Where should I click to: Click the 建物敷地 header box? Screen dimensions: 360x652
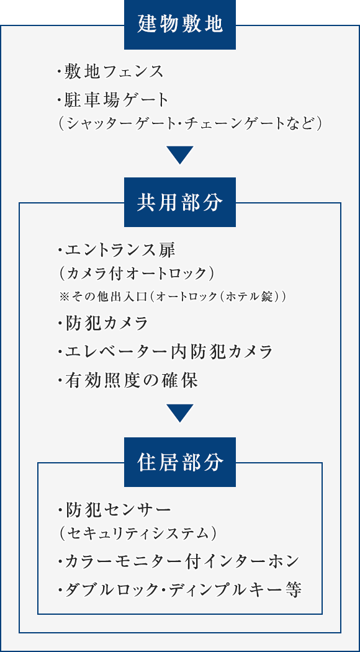tap(180, 25)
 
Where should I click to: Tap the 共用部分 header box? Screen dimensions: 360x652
tap(180, 202)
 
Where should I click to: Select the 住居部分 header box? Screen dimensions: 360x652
tap(180, 462)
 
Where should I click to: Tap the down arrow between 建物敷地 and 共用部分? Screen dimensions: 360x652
tap(180, 154)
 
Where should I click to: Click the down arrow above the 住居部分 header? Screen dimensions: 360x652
tap(180, 413)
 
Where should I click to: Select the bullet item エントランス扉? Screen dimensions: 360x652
tap(117, 251)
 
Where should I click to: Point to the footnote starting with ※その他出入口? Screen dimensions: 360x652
tap(172, 298)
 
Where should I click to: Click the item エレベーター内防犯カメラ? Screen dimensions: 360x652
tap(165, 352)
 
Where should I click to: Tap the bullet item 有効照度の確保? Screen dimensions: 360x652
tap(127, 380)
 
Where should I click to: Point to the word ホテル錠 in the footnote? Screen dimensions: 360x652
tap(256, 298)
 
